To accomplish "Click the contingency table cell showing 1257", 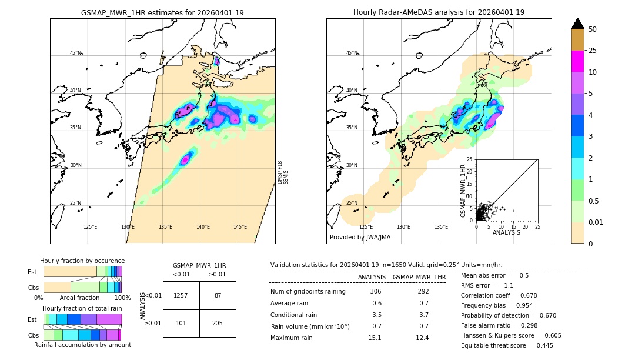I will click(181, 295).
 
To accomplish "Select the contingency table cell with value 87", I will click(218, 295).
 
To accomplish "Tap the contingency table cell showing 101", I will click(181, 323).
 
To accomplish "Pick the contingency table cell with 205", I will click(218, 323).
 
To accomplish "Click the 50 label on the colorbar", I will click(593, 29).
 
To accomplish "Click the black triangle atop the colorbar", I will click(578, 24).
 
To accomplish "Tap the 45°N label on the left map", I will click(75, 53).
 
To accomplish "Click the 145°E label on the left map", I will click(240, 227).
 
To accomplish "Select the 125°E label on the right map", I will click(366, 227).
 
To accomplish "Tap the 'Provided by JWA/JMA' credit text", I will click(360, 237).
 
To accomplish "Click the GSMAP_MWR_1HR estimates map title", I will click(162, 12).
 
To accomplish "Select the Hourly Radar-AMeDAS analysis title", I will click(439, 12).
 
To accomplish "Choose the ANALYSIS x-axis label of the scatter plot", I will click(506, 232).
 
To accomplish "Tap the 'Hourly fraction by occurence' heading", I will click(82, 261).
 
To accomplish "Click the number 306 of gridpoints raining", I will click(375, 291).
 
